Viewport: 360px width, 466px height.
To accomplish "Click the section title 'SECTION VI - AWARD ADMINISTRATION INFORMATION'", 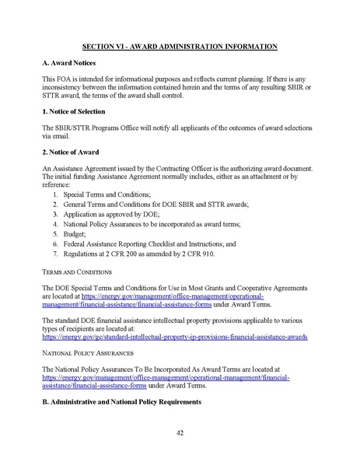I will point(180,47).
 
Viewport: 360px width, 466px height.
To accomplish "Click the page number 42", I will point(180,433).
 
